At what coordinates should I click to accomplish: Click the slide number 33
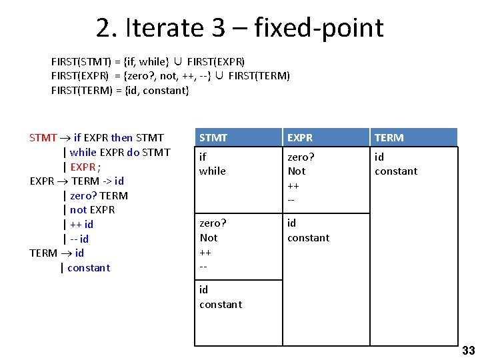tap(468, 351)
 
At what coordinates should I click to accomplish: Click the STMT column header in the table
tap(213, 138)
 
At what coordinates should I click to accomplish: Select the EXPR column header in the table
tap(301, 138)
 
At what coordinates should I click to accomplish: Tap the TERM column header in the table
tap(389, 138)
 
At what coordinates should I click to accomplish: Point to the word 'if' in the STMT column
tap(203, 157)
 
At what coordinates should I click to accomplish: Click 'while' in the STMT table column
tap(213, 171)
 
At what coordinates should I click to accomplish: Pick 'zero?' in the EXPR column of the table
tap(301, 157)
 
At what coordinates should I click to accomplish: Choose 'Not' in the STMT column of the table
tap(209, 238)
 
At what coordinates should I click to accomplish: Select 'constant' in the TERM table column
tap(396, 171)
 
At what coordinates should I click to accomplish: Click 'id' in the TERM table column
tap(379, 157)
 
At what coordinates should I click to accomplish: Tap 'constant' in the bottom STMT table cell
tap(221, 305)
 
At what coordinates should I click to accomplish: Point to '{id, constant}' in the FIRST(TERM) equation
tap(157, 91)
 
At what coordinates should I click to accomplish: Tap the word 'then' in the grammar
tap(122, 138)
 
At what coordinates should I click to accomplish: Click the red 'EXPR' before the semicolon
tap(83, 167)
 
